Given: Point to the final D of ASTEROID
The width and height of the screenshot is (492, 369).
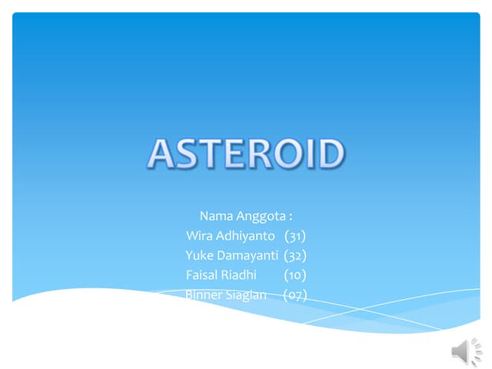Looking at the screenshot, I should click(x=329, y=154).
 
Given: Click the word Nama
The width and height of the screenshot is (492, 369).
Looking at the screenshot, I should click(x=216, y=215).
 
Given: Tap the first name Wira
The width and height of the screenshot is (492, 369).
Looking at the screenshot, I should click(x=200, y=235).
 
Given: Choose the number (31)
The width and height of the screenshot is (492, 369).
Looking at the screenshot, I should click(x=295, y=235).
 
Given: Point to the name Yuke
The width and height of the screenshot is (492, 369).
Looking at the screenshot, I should click(x=200, y=255).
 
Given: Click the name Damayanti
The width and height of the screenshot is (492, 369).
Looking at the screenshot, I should click(x=248, y=255).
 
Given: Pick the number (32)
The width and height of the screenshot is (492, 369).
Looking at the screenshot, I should click(x=295, y=255).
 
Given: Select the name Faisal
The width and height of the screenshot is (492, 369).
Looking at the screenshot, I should click(x=202, y=274).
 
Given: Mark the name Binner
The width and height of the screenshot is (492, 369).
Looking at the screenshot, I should click(x=204, y=294).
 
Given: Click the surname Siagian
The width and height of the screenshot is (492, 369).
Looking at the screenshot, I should click(x=248, y=294).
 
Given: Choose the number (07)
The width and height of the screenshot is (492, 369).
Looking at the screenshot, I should click(x=295, y=294).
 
